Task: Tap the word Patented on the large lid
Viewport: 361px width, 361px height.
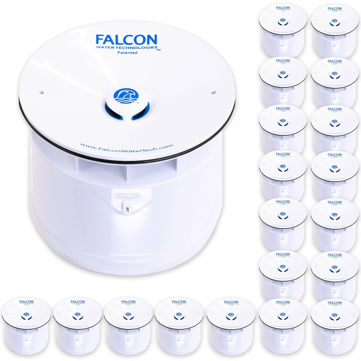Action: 127,53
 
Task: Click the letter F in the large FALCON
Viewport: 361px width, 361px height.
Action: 100,39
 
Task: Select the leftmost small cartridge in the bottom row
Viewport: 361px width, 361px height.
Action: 26,326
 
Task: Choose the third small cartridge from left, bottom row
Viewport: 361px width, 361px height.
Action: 128,326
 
